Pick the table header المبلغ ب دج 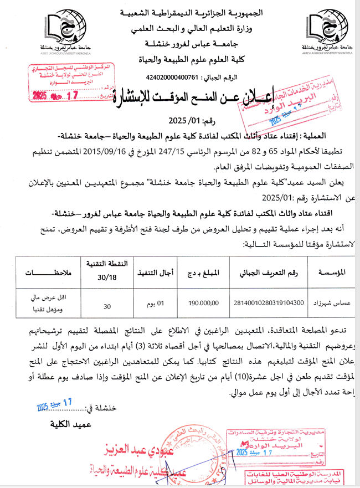tap(204, 273)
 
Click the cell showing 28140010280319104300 tap(270, 303)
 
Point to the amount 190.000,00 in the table tap(204, 303)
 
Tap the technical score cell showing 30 tap(107, 304)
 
